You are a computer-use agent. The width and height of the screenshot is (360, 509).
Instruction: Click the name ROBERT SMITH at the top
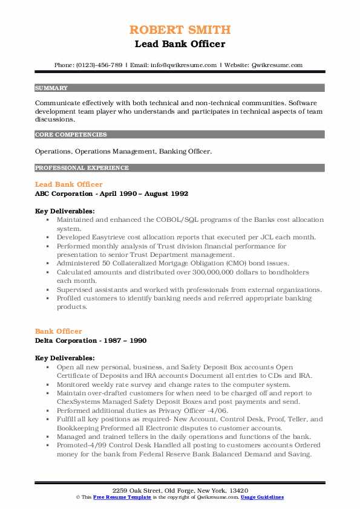coord(180,30)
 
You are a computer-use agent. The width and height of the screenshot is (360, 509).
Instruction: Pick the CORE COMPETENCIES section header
coord(71,135)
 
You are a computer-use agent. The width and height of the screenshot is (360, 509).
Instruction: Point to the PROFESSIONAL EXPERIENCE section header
coord(82,167)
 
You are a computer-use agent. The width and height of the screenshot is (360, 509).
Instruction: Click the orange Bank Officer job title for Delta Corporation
coord(59,331)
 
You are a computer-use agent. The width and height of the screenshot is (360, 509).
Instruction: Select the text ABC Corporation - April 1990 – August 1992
coord(112,194)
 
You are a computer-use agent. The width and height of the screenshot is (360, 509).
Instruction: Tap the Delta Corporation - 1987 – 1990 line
coord(91,340)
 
